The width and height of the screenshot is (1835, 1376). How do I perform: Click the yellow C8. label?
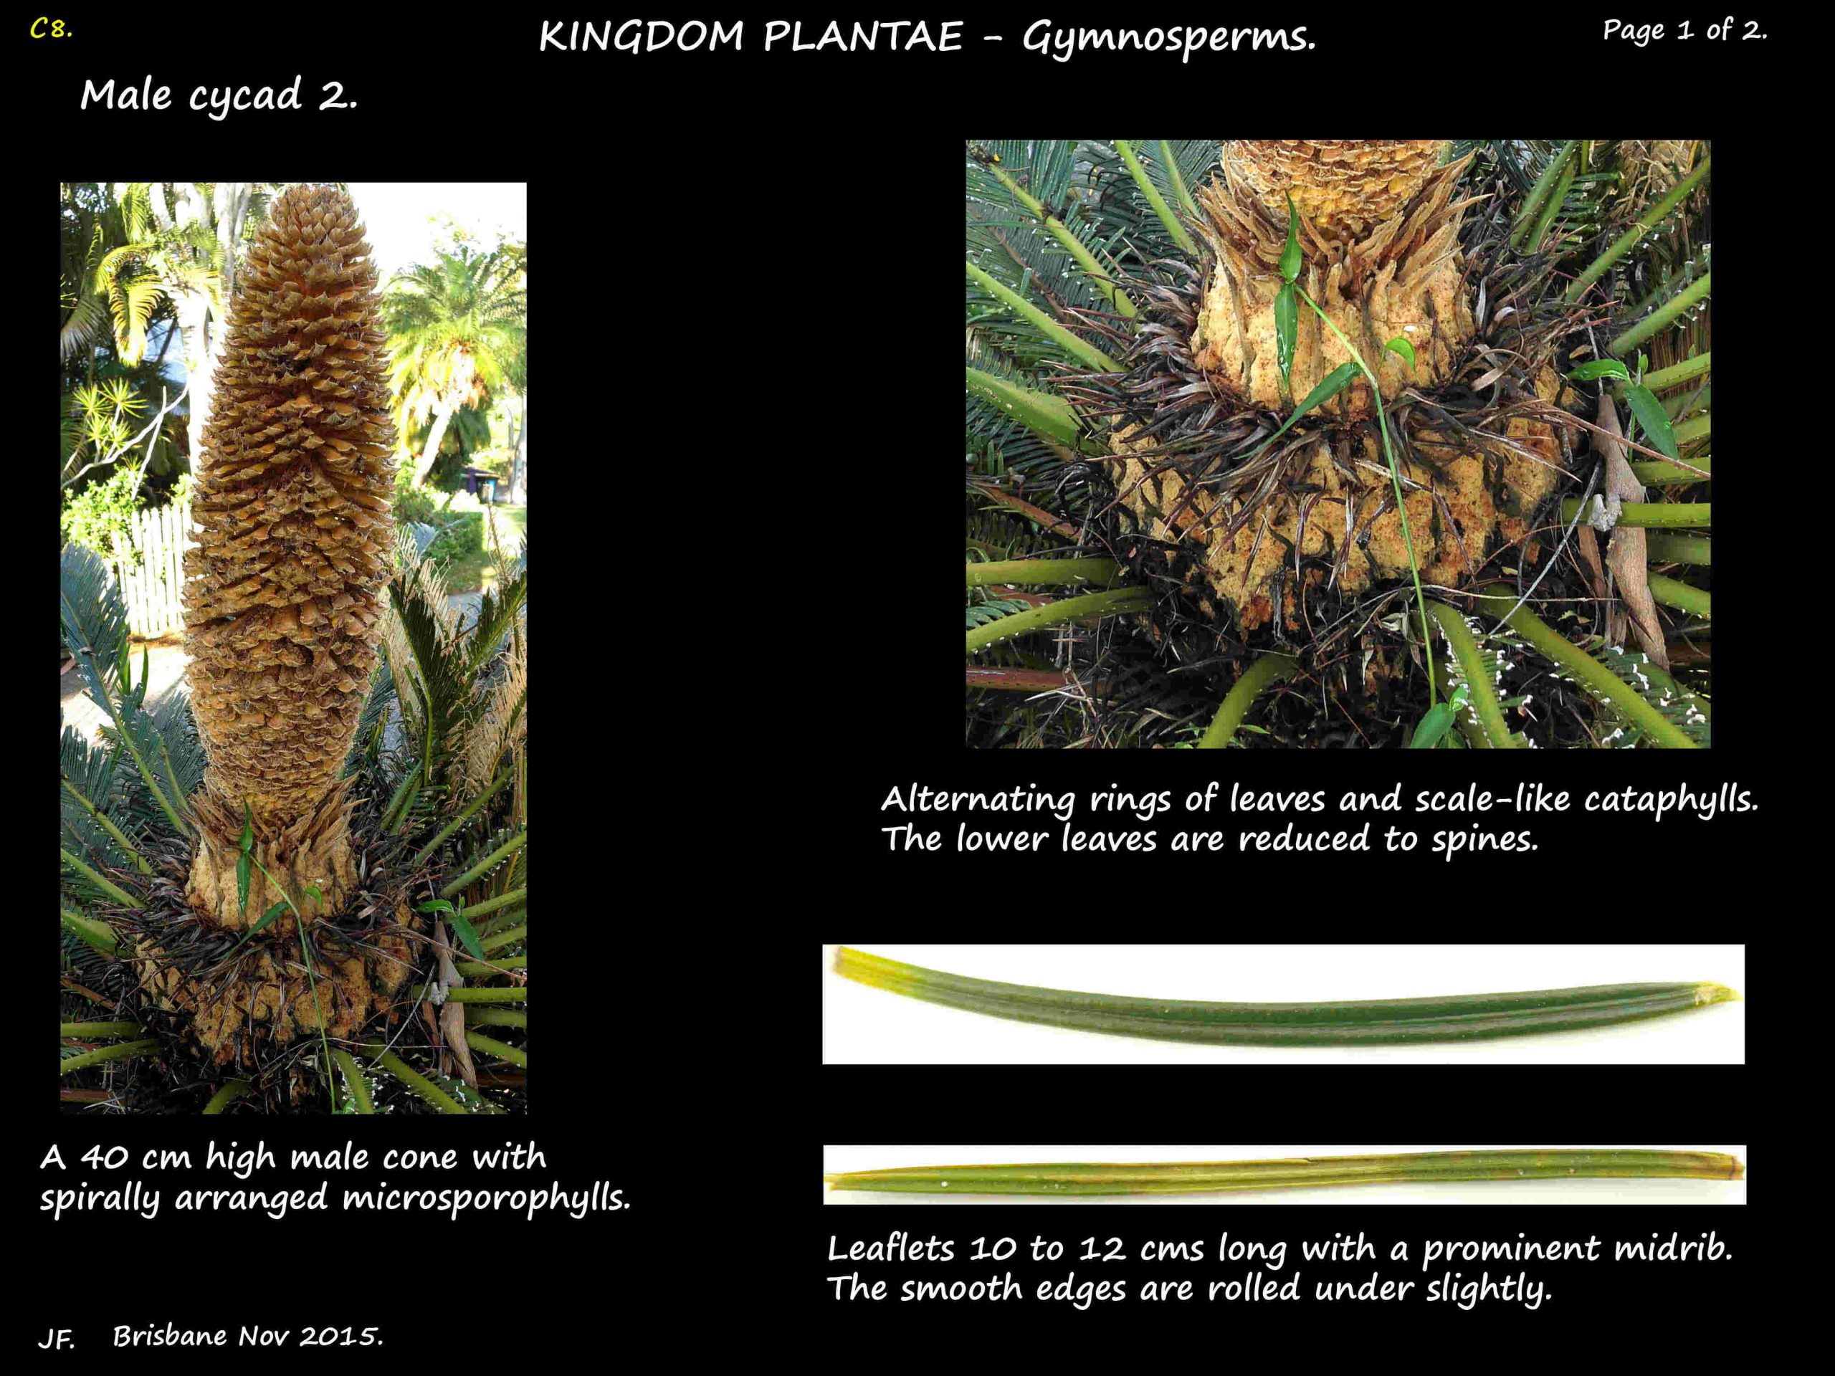click(52, 30)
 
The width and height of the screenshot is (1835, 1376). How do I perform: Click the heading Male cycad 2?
click(220, 96)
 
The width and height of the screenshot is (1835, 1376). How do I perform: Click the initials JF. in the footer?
click(57, 1338)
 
